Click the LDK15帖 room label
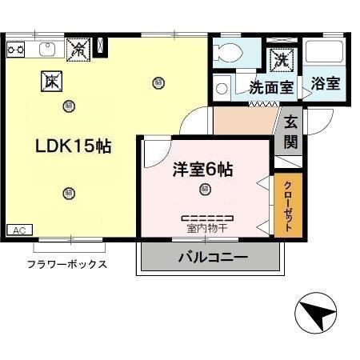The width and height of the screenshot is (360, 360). click(x=73, y=147)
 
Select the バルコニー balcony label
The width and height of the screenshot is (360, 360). click(x=212, y=258)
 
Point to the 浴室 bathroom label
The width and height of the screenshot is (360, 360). click(x=325, y=82)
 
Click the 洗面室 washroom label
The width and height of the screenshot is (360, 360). click(x=271, y=86)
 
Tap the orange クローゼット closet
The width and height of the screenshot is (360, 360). click(x=288, y=206)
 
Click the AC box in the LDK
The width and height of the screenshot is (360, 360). click(x=21, y=230)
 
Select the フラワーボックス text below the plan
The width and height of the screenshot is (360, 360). click(x=67, y=264)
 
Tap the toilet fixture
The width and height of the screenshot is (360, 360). click(x=230, y=53)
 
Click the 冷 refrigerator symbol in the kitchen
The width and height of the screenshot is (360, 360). click(x=78, y=49)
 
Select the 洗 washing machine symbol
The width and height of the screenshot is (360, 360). click(x=281, y=58)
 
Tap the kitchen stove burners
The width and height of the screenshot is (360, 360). click(x=15, y=50)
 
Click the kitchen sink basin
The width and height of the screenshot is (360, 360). click(x=46, y=50)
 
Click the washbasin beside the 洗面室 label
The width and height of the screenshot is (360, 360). click(x=222, y=86)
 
